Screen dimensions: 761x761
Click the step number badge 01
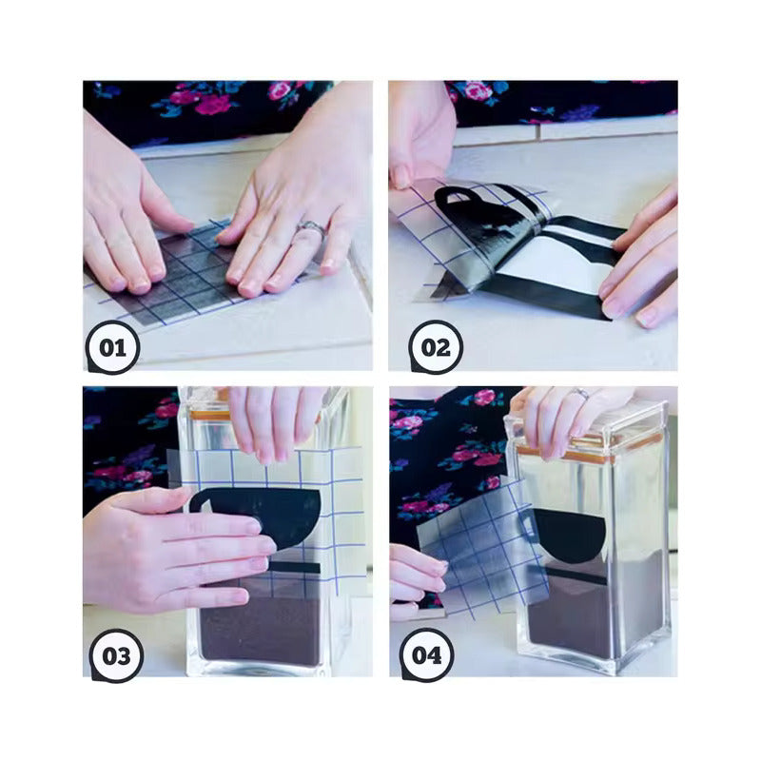(x=112, y=347)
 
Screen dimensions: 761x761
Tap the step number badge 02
(x=435, y=347)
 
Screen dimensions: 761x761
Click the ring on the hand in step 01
(x=311, y=229)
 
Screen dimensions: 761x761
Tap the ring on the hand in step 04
(x=581, y=393)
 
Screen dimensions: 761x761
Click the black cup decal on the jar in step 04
(x=569, y=535)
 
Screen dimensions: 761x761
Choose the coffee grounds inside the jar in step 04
(x=580, y=618)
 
